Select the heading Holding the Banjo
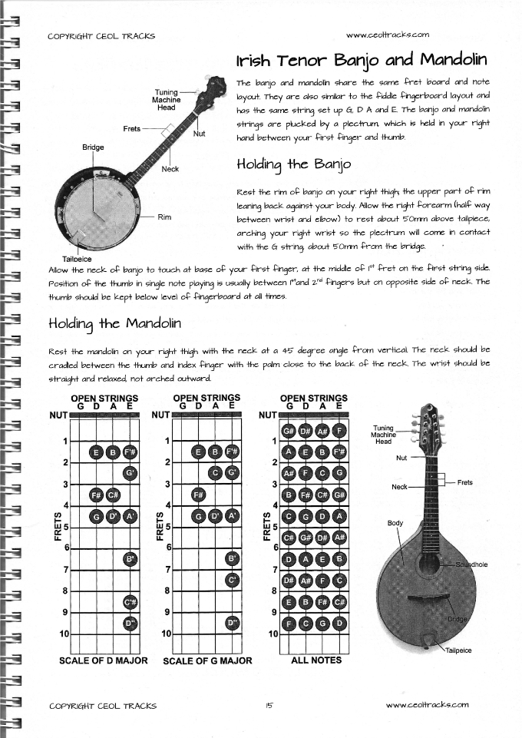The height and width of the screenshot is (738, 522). pos(294,164)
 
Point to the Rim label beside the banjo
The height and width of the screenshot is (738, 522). pos(164,217)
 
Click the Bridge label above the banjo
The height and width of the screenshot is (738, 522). pos(93,146)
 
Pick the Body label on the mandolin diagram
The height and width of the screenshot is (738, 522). pos(395,523)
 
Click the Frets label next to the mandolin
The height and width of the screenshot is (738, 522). pos(465,482)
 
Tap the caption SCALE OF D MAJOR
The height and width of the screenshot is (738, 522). pos(103,660)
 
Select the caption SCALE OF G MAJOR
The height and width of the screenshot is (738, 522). pos(208,660)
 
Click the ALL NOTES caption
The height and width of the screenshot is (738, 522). pos(316,660)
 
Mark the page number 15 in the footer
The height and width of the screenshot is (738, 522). pos(269,706)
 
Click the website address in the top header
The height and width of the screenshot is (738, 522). pos(387,35)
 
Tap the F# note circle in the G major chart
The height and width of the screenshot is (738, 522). pos(199,494)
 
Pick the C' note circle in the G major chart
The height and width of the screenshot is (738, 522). pos(233,580)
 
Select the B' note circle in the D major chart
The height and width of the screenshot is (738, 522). pos(130,558)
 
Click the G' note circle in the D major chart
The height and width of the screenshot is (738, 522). pos(130,472)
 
